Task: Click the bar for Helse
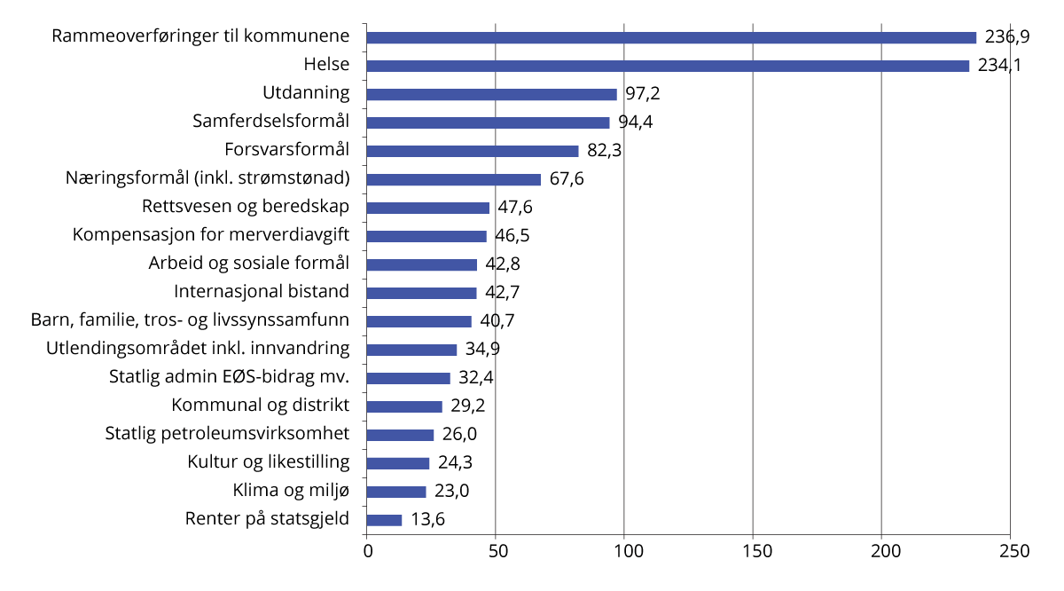tap(668, 66)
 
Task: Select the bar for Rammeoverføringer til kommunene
tap(671, 37)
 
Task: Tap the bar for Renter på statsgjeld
tap(384, 520)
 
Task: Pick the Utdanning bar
tap(491, 94)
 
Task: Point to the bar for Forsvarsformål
tap(473, 151)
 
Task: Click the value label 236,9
tap(1006, 37)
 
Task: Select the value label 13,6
tap(427, 520)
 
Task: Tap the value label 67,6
tap(567, 179)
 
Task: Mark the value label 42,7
tap(503, 293)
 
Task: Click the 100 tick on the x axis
tap(624, 551)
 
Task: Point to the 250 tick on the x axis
tap(1011, 551)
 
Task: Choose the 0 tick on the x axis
tap(367, 551)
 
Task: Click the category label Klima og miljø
tap(291, 491)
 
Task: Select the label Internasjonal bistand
tap(262, 292)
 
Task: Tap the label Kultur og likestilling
tap(269, 462)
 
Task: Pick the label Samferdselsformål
tap(271, 122)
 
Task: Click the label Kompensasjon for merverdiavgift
tap(211, 235)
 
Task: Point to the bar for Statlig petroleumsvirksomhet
tap(400, 435)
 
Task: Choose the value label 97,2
tap(643, 94)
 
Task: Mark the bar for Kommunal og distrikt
tap(404, 406)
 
